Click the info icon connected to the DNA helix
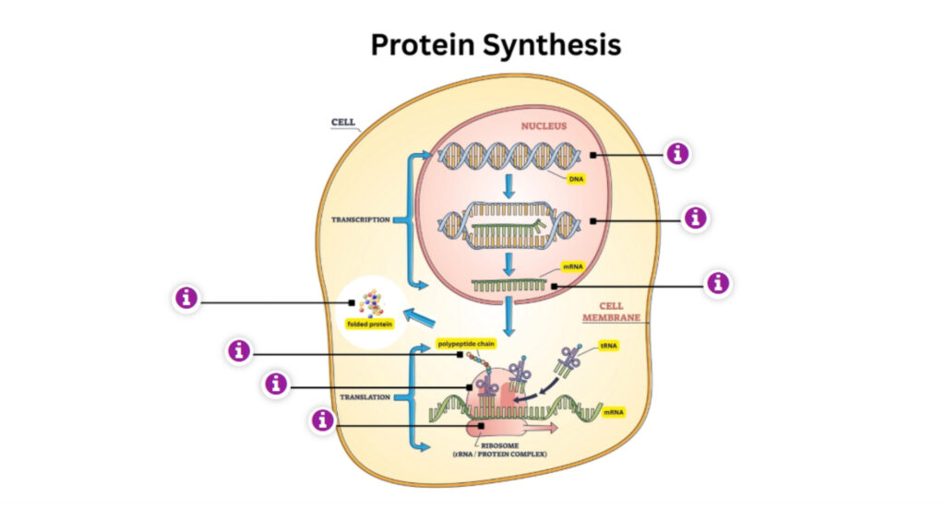678,154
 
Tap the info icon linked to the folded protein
187,298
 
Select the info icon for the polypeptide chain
240,351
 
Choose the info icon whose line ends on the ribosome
322,421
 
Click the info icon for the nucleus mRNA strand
717,283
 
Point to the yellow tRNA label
609,347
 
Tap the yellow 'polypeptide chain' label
468,344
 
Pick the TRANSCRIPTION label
361,220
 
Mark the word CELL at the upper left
343,122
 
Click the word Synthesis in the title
556,44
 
